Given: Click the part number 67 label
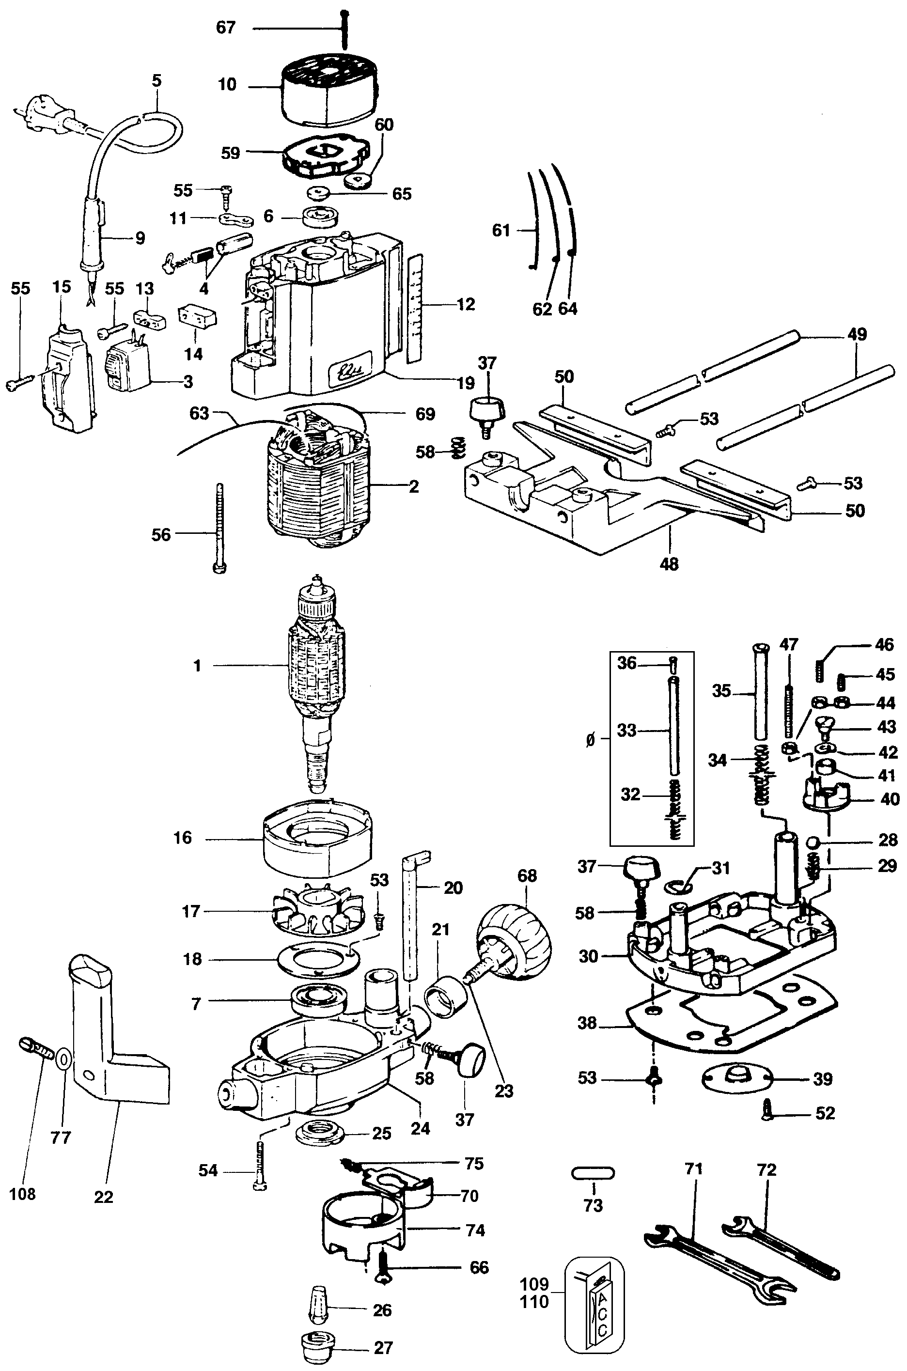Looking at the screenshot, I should click(x=226, y=27).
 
